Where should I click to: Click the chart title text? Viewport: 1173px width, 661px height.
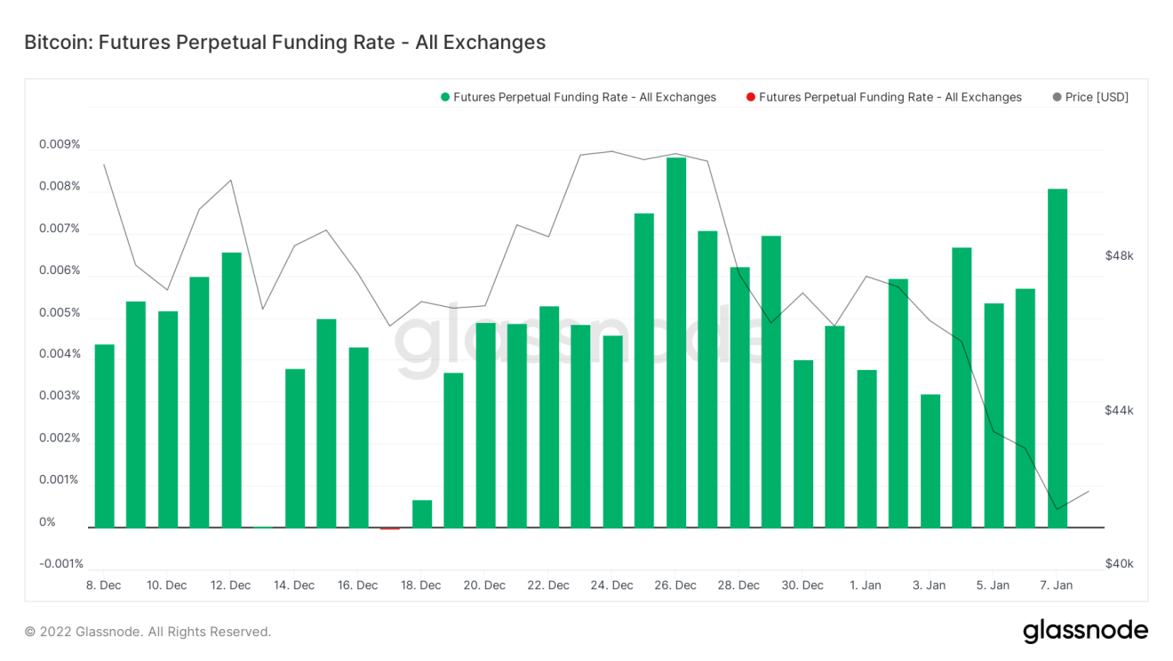coord(284,42)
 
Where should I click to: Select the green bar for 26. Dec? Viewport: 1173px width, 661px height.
coord(676,343)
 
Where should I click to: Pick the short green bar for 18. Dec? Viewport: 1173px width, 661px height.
coord(422,514)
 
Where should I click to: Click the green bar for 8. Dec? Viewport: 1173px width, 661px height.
coord(105,436)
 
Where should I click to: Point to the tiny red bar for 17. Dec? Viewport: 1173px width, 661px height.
coord(390,528)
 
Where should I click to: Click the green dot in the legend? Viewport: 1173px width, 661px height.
coord(444,97)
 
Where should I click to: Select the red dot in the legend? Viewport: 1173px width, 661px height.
coord(751,97)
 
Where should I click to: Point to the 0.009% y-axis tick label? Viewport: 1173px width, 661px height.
coord(60,144)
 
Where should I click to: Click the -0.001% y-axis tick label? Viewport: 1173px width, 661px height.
coord(61,563)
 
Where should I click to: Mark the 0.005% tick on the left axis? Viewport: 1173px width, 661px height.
coord(60,312)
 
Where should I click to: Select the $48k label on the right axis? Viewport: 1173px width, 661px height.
coord(1119,256)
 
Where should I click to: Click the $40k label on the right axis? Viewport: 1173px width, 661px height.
coord(1119,564)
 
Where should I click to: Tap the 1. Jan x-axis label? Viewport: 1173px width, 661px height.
coord(866,585)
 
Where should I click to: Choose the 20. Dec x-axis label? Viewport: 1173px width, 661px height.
coord(484,585)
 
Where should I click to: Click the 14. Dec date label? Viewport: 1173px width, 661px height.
coord(294,585)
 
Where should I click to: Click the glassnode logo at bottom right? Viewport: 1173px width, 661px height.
coord(1085,631)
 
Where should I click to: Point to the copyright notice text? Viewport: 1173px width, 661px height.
coord(148,632)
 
